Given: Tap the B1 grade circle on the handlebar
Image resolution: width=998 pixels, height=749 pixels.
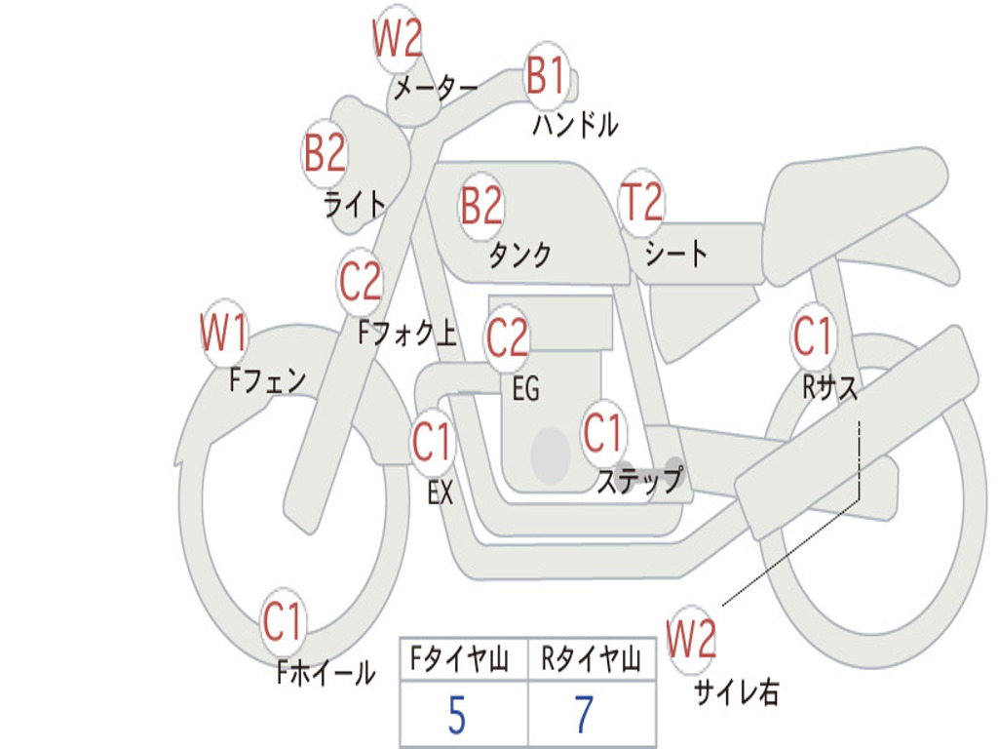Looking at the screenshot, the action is [x=547, y=76].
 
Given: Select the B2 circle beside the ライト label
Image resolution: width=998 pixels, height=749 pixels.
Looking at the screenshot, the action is [x=325, y=153].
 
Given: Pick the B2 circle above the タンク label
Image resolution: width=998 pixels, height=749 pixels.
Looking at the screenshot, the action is [x=481, y=206].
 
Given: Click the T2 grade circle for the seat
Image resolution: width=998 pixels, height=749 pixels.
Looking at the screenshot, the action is [x=641, y=203].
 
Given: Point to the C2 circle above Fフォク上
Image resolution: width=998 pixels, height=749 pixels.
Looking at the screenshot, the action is [x=361, y=282].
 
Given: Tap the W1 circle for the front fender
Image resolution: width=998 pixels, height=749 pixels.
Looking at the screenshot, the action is [x=224, y=335].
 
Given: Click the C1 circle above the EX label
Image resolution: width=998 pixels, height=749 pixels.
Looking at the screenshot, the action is [x=432, y=444].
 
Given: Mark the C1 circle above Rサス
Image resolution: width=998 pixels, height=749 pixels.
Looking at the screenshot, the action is [x=813, y=337].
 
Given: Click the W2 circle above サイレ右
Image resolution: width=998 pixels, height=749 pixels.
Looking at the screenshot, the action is [x=692, y=640].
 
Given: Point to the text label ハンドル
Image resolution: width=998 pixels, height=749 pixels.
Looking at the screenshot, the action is [x=575, y=125].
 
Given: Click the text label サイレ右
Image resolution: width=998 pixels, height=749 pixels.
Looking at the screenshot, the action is [x=736, y=692].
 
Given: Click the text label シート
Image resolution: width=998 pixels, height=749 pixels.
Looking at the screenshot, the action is [x=676, y=255].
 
